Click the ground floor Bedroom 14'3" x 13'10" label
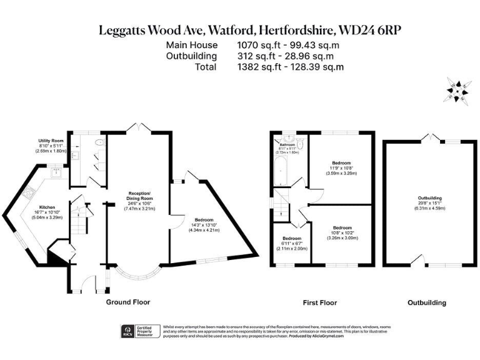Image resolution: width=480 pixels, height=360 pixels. point(204,224)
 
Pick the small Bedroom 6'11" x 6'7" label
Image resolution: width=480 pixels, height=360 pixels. point(292,243)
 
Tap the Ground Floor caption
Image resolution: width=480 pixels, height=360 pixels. point(129,302)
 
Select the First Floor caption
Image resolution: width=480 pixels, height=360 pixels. point(320,302)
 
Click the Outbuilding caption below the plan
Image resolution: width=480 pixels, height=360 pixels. point(427,302)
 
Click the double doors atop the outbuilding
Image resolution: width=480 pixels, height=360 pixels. point(427,136)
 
